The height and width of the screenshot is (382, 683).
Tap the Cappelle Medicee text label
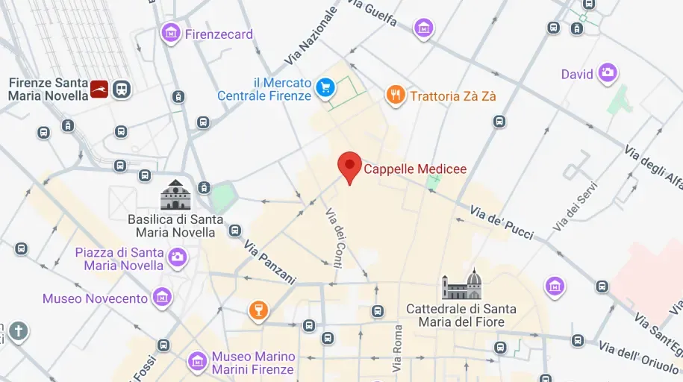(x=415, y=169)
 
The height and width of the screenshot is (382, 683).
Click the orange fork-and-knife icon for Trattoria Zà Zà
(x=396, y=95)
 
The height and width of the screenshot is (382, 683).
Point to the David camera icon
(x=608, y=73)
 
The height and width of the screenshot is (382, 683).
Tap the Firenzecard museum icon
(x=172, y=32)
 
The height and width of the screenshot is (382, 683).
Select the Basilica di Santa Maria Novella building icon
(x=176, y=195)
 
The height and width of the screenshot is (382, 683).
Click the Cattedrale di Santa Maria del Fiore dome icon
(x=462, y=285)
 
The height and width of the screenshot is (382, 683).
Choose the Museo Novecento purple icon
(x=161, y=298)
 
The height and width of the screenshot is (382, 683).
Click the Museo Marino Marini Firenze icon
(x=198, y=362)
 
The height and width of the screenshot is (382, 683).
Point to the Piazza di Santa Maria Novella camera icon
(x=177, y=257)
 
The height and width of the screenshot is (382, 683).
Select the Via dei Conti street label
(x=334, y=235)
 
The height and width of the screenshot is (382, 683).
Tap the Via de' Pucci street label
(x=502, y=222)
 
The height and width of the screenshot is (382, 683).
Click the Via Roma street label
(x=398, y=349)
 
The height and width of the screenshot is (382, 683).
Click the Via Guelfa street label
(x=371, y=13)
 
